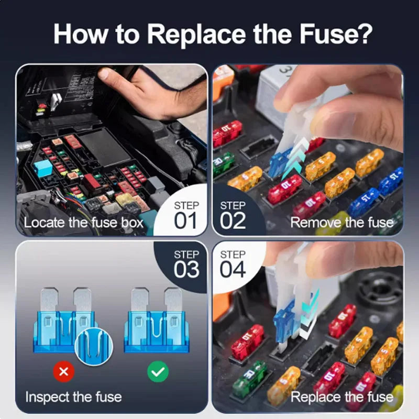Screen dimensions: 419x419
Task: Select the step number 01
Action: (x=186, y=220)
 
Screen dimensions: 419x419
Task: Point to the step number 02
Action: (x=233, y=220)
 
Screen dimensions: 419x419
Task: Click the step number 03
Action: (x=186, y=269)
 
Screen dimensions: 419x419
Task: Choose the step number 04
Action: (x=233, y=269)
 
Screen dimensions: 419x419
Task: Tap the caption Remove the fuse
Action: (x=341, y=223)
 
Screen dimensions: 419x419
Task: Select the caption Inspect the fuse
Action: (x=73, y=396)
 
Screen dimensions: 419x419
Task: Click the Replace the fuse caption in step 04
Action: (x=341, y=396)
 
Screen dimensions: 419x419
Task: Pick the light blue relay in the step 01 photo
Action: (x=43, y=168)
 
